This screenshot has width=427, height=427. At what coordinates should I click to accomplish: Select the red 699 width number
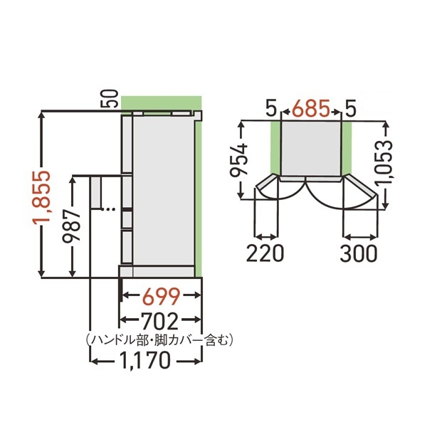pyautogui.click(x=161, y=295)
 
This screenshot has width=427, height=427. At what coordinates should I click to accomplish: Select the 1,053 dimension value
pyautogui.click(x=386, y=164)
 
